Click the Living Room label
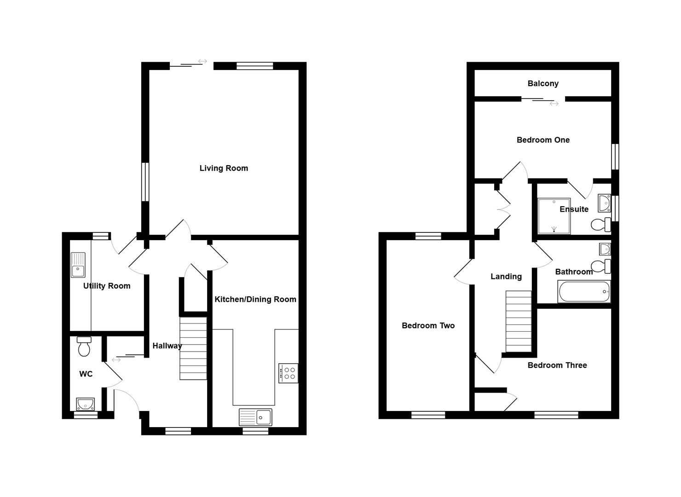(x=224, y=168)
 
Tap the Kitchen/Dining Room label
(x=255, y=299)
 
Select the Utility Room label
(x=107, y=286)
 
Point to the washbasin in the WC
(x=85, y=404)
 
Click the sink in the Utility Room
(x=78, y=265)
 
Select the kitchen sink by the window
(x=255, y=417)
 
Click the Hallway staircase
(x=193, y=348)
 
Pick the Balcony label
(x=543, y=83)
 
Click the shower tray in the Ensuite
(x=554, y=216)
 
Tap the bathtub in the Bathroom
(x=584, y=291)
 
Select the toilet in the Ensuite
(x=600, y=225)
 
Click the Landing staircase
(x=519, y=321)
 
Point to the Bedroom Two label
(x=428, y=325)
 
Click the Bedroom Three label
(x=557, y=365)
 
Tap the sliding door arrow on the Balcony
(x=554, y=104)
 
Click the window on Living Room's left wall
(x=145, y=182)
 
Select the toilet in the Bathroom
(x=600, y=266)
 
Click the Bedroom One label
(x=543, y=140)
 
